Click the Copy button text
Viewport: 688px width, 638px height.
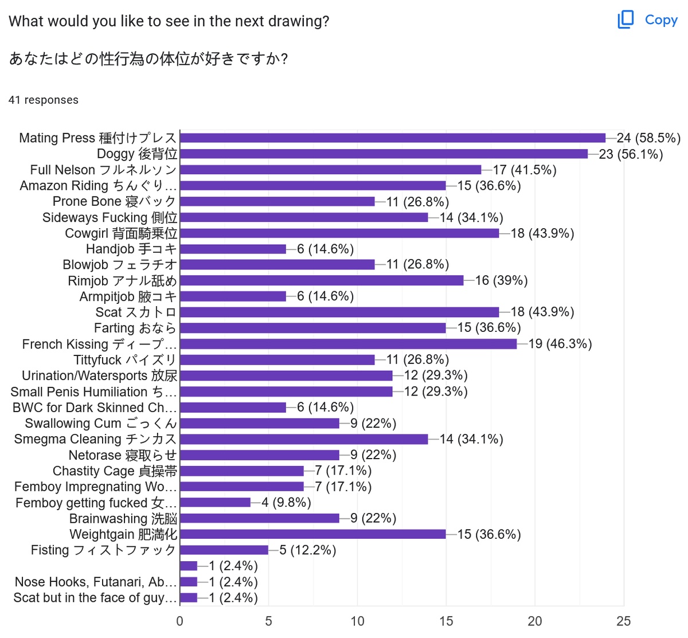[x=661, y=20]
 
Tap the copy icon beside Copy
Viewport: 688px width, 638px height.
[x=626, y=19]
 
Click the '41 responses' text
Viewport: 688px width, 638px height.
[x=44, y=100]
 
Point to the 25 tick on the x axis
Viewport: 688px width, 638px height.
[x=623, y=621]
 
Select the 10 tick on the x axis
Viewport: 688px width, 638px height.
[x=357, y=621]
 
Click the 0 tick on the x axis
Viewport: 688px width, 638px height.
[x=180, y=621]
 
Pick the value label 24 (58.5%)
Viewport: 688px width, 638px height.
[x=648, y=138]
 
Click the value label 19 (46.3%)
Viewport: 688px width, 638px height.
[x=560, y=344]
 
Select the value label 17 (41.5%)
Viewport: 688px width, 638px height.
[x=525, y=170]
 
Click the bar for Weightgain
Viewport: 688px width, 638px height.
[x=312, y=534]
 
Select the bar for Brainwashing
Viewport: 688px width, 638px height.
[x=259, y=518]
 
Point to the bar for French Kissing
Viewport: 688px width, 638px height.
[x=348, y=344]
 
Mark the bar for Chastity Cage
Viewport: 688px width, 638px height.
[x=241, y=471]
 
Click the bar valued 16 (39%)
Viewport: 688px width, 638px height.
[x=322, y=280]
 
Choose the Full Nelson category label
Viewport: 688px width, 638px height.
[x=104, y=170]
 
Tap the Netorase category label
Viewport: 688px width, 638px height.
[x=123, y=455]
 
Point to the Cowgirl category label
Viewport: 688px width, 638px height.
[x=121, y=233]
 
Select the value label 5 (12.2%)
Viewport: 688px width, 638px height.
[x=308, y=550]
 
